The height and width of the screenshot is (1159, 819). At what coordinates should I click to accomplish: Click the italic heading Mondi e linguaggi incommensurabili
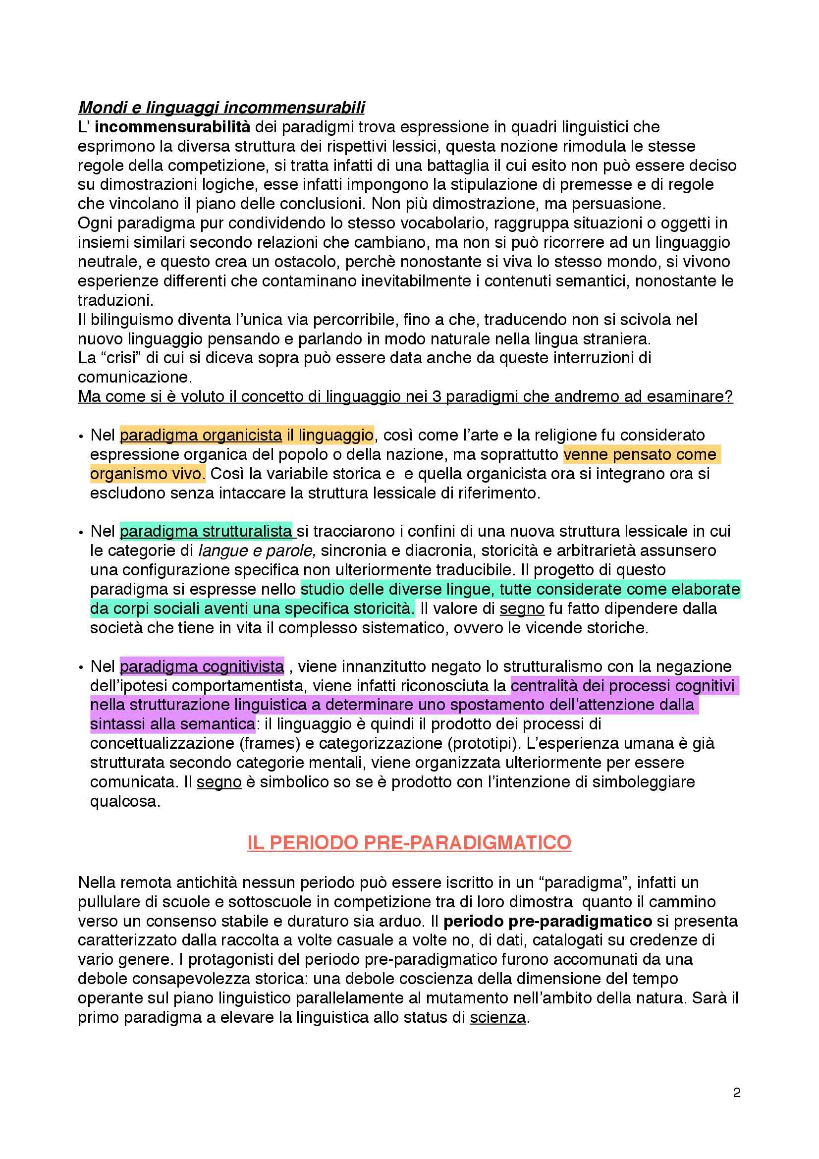click(221, 108)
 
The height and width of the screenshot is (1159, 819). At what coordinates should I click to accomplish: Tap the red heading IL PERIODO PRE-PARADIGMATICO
click(409, 842)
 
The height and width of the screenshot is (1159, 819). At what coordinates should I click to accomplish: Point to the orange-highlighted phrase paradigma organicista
click(201, 435)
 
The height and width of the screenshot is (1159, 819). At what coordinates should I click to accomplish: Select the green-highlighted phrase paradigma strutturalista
click(206, 531)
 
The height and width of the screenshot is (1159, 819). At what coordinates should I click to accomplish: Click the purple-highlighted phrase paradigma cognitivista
click(202, 666)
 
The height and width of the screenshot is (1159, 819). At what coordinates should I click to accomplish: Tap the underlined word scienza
click(497, 1017)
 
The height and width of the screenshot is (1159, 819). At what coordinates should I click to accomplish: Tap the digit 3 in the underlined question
click(437, 397)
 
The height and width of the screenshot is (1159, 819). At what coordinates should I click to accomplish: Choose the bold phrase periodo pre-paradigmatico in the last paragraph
click(547, 921)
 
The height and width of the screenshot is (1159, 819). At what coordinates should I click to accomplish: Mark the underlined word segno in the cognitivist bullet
click(219, 782)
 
